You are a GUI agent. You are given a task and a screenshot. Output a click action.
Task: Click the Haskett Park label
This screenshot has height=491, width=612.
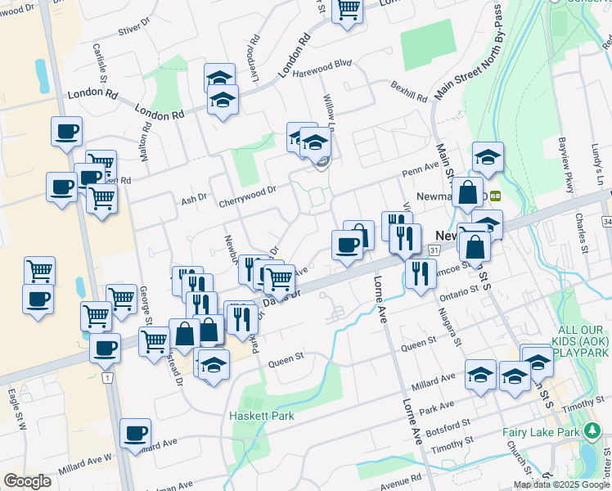[262, 416]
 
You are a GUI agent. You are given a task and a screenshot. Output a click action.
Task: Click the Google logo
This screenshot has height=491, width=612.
[27, 481]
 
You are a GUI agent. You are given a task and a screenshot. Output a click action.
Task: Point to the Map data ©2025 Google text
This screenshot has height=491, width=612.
[562, 484]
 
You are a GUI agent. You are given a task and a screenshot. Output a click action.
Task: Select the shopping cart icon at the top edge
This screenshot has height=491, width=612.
[348, 11]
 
